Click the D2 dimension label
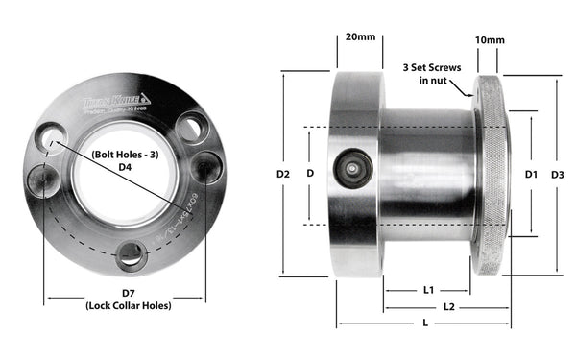[x=282, y=175]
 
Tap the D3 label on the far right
[x=558, y=175]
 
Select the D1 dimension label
[x=531, y=175]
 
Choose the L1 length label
[x=428, y=288]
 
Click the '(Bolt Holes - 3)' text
[x=126, y=154]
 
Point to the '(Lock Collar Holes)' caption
[x=127, y=306]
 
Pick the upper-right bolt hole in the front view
[x=192, y=125]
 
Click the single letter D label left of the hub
[x=309, y=174]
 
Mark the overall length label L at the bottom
[x=424, y=324]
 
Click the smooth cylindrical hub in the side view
[x=427, y=173]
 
